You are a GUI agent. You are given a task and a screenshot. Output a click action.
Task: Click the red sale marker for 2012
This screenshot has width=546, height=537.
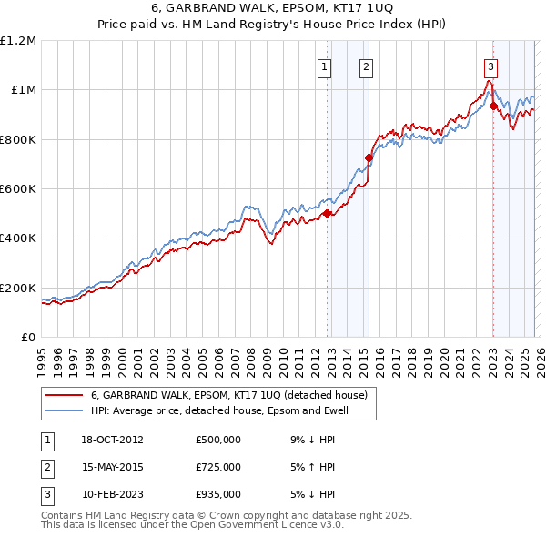coord(327,214)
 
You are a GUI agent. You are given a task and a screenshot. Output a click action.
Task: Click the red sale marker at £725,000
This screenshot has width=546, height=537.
coord(369,157)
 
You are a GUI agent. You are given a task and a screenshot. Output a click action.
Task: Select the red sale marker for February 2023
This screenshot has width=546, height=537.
coord(493,106)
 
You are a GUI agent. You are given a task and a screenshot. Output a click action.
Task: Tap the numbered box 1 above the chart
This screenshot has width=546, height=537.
coord(325,66)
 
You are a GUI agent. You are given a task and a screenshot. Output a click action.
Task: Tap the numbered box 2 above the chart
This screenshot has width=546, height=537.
coord(366,66)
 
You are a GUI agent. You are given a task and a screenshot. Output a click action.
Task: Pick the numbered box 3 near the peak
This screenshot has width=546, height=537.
coord(490,66)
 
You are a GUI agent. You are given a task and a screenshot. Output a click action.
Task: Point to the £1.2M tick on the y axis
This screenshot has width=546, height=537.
coord(18,41)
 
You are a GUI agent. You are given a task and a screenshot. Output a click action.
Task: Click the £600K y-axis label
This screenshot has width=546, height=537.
coord(18,189)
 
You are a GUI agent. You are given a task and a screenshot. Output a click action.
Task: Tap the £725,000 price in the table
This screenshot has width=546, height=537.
coord(217,467)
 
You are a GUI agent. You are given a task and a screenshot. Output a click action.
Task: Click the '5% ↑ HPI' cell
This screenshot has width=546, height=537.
coord(313,467)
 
